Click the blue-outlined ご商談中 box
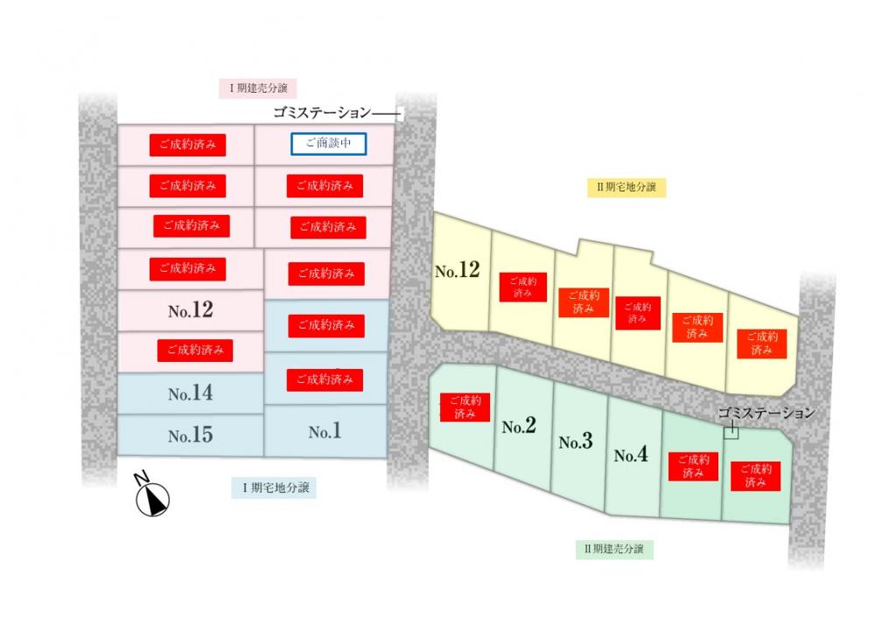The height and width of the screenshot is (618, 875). (328, 143)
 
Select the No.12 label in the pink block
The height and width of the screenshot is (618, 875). (190, 309)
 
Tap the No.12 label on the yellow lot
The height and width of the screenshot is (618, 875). (457, 270)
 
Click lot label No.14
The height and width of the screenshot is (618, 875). (190, 393)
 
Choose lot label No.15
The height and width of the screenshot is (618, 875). (190, 435)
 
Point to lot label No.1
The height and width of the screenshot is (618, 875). (325, 431)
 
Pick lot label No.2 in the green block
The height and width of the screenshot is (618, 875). (518, 427)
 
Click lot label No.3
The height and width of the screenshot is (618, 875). (576, 441)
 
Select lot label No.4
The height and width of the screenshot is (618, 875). (631, 455)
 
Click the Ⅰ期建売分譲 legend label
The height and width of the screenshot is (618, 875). (258, 88)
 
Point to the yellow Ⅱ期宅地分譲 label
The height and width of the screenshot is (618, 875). (626, 187)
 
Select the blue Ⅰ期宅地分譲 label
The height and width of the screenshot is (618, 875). (274, 488)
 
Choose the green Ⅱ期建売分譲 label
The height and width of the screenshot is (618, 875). (614, 549)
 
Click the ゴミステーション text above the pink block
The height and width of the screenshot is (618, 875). (322, 113)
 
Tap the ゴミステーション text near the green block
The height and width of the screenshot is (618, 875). (766, 413)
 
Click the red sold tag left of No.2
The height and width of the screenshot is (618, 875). (465, 406)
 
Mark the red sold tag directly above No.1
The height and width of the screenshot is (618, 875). (325, 379)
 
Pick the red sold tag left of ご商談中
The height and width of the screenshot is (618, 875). (187, 144)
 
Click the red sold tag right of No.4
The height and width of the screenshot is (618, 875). (693, 466)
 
